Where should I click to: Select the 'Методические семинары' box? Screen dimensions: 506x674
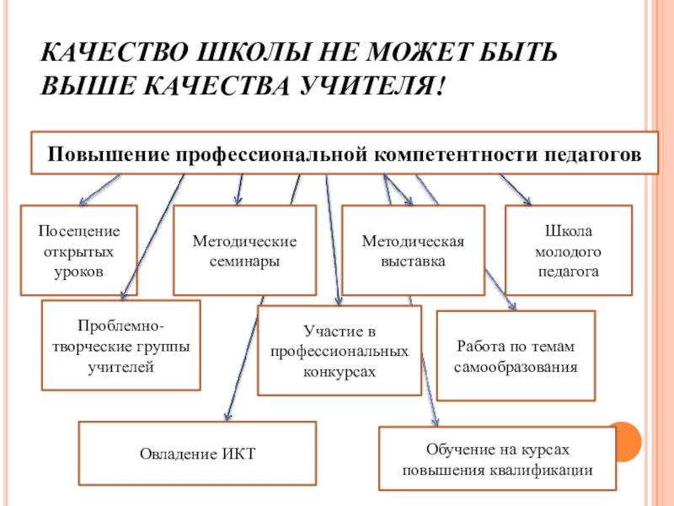[244, 250]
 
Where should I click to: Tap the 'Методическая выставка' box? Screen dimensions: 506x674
[413, 250]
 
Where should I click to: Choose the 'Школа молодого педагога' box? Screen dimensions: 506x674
[567, 250]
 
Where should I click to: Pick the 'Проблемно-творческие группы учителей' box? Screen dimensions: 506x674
[121, 345]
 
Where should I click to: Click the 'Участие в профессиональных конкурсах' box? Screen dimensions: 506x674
[339, 350]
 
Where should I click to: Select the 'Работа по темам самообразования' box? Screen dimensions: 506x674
[516, 355]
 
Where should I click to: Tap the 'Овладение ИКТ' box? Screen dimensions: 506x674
[197, 454]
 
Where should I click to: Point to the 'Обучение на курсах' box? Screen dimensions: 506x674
[497, 459]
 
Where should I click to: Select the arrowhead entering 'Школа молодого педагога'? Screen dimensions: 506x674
[528, 202]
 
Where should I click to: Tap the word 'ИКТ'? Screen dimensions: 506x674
[238, 454]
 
